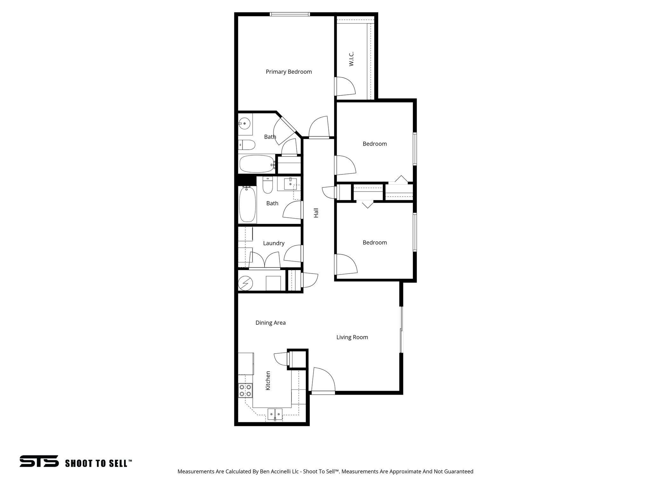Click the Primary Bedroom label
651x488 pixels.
289,72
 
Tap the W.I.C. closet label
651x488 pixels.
351,59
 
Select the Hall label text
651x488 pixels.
316,213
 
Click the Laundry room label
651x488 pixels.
273,243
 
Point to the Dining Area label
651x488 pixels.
271,323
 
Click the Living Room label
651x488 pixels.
352,337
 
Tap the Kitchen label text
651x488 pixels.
268,381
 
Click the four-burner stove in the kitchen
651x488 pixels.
245,390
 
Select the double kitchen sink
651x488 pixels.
275,414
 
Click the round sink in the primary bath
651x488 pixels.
244,123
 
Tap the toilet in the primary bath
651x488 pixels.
247,145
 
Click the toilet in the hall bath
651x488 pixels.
268,186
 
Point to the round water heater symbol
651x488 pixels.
245,283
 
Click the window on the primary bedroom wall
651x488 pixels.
290,14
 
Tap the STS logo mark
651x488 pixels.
39,461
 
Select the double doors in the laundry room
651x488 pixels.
264,260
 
